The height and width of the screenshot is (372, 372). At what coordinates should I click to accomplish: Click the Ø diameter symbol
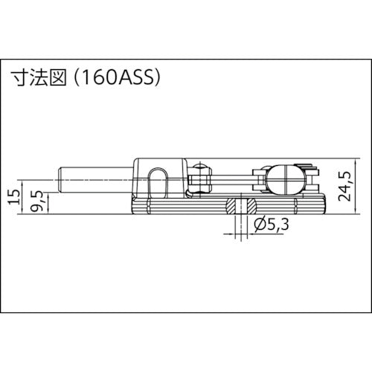click(x=257, y=223)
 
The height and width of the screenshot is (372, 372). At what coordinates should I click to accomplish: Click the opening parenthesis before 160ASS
click(x=79, y=77)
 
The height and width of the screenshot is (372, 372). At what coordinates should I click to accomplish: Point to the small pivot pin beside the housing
click(x=199, y=178)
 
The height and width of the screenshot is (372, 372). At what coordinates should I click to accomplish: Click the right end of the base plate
click(x=324, y=205)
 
